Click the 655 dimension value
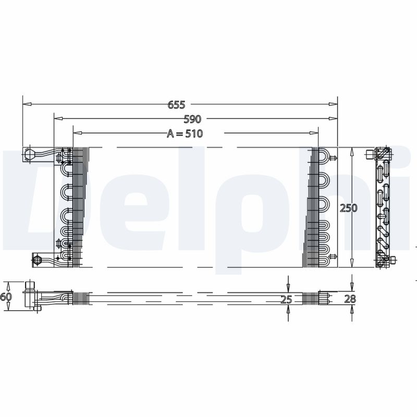[x=176, y=105]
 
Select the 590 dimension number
[x=192, y=119]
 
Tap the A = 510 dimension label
[x=185, y=133]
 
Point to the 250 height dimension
[x=348, y=207]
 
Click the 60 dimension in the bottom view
[x=6, y=297]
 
